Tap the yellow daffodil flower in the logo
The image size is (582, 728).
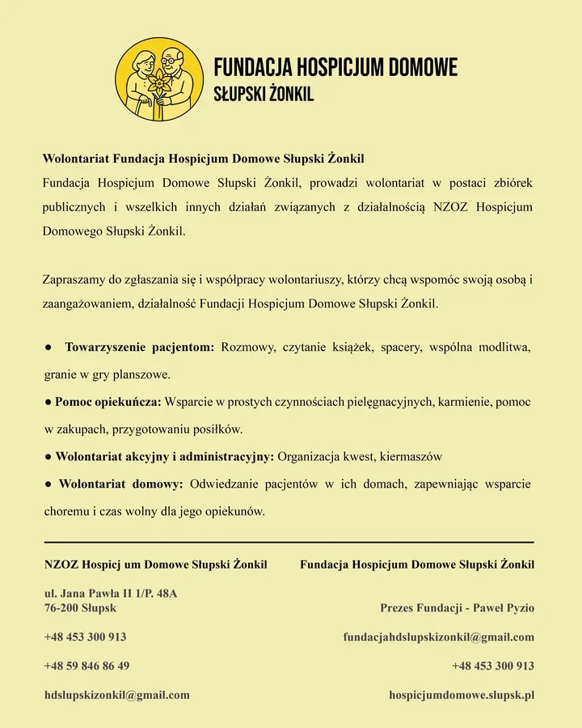tap(159, 82)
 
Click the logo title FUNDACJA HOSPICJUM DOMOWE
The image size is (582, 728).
tap(335, 67)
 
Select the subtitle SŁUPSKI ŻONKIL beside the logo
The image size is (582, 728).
tap(264, 95)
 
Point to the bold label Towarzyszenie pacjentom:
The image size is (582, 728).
tap(139, 348)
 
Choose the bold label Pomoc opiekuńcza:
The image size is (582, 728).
tap(108, 402)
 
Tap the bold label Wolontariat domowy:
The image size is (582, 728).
tap(121, 485)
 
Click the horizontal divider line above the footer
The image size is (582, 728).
tap(289, 542)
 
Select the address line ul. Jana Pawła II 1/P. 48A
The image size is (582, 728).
tap(111, 594)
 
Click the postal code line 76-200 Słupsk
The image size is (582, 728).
tap(80, 607)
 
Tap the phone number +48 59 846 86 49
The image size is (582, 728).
tap(86, 666)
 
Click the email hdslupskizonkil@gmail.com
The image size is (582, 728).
tap(117, 695)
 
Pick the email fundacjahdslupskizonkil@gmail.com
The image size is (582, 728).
tap(439, 637)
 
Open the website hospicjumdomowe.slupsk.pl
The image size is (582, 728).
tap(462, 695)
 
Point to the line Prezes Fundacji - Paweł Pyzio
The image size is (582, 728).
tap(457, 607)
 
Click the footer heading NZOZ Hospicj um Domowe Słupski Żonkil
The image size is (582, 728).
tap(156, 564)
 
